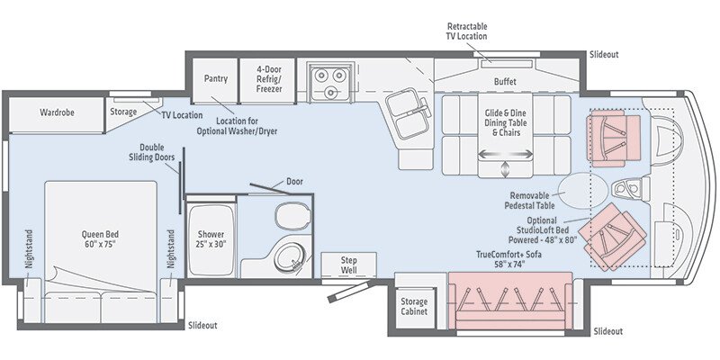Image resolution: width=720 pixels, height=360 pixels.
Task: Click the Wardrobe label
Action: (56, 112)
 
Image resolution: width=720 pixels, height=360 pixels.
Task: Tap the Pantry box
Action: (215, 78)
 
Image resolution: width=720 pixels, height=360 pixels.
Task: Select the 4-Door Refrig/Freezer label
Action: (270, 78)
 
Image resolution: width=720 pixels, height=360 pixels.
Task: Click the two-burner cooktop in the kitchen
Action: (324, 77)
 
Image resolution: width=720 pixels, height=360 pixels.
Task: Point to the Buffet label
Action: (505, 81)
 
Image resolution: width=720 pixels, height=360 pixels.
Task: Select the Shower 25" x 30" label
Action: (211, 239)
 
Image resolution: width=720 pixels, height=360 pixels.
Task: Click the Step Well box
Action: (348, 265)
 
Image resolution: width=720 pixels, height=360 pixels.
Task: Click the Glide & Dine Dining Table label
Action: (505, 121)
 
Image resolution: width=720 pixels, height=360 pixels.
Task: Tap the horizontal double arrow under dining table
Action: (503, 154)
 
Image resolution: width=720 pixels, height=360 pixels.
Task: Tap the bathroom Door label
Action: (293, 182)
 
